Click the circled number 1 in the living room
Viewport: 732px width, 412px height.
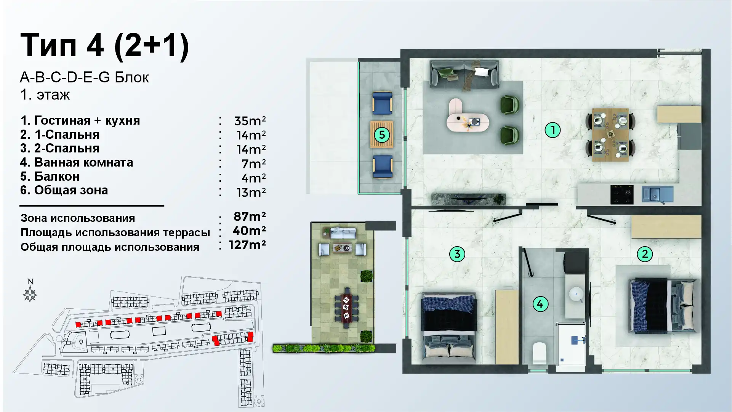tap(553, 130)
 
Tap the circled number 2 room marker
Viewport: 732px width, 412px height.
tap(645, 254)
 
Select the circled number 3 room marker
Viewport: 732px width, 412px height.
tap(457, 254)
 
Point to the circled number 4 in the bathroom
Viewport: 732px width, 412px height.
tap(540, 304)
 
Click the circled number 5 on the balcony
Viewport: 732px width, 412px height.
tap(382, 135)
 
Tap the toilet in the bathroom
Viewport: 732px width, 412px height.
tap(539, 353)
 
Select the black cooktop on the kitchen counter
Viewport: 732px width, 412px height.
tap(621, 194)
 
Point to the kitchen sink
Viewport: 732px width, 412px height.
tap(657, 194)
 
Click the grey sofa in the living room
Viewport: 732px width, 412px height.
tap(465, 74)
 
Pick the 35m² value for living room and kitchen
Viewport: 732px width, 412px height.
tap(250, 121)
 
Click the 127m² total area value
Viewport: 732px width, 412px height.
tap(247, 245)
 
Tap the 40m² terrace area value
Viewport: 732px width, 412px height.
tap(249, 231)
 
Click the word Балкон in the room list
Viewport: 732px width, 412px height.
tap(57, 176)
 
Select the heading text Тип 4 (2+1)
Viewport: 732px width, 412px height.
tap(104, 45)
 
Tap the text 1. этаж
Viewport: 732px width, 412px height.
tap(45, 95)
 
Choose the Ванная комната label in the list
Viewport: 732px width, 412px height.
tap(84, 163)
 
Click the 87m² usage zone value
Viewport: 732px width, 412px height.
tap(250, 216)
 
